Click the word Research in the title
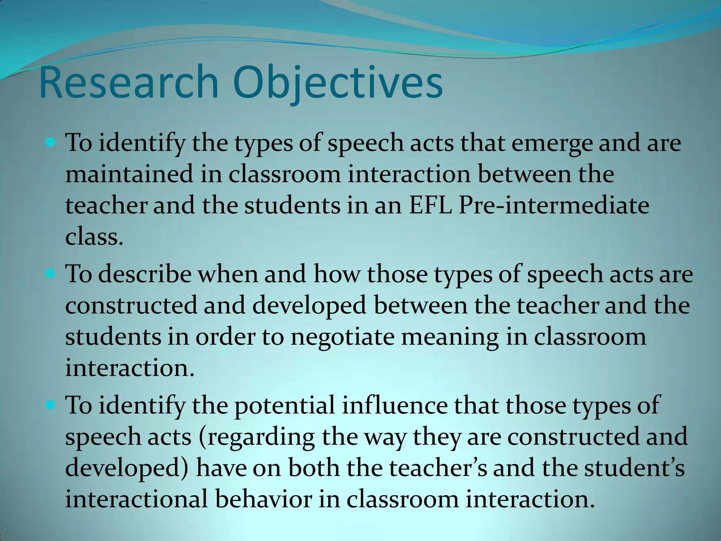point(129,82)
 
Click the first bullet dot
point(51,143)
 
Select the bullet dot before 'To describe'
point(51,273)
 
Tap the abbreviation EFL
point(430,205)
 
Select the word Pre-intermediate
point(554,205)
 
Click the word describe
point(144,274)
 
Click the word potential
point(284,405)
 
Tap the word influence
point(395,405)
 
